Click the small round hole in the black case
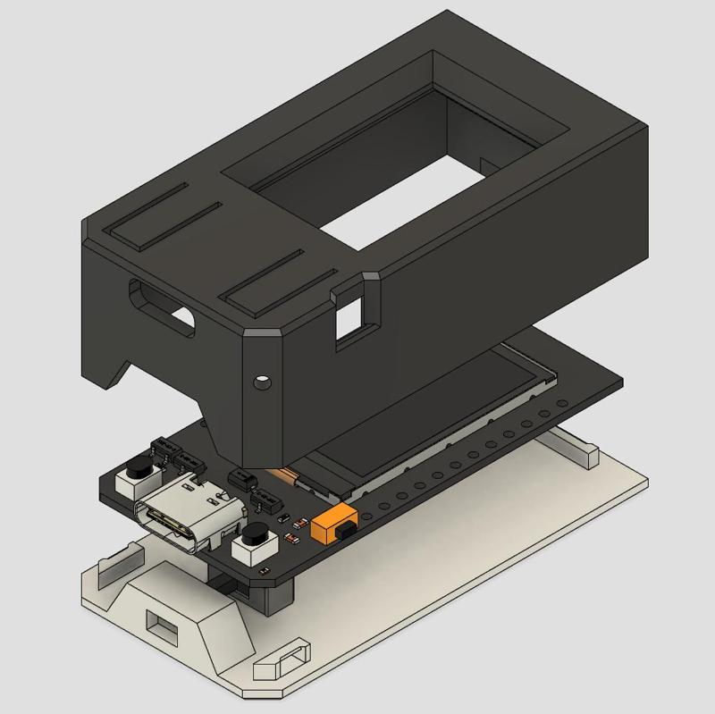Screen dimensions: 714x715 pos(261,382)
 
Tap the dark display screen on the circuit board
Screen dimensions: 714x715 pos(420,420)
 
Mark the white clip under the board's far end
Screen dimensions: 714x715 pos(572,446)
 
